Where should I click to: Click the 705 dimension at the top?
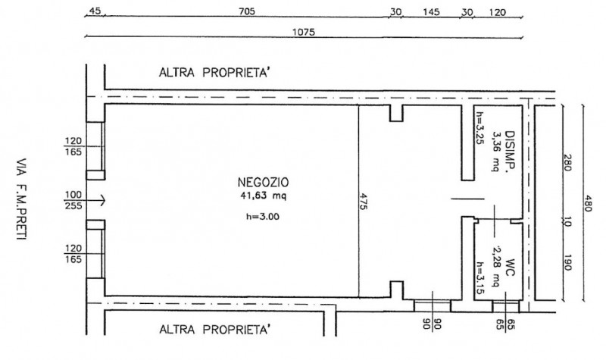(245, 11)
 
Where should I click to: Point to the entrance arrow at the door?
(98, 200)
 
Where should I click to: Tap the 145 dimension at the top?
(432, 11)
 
